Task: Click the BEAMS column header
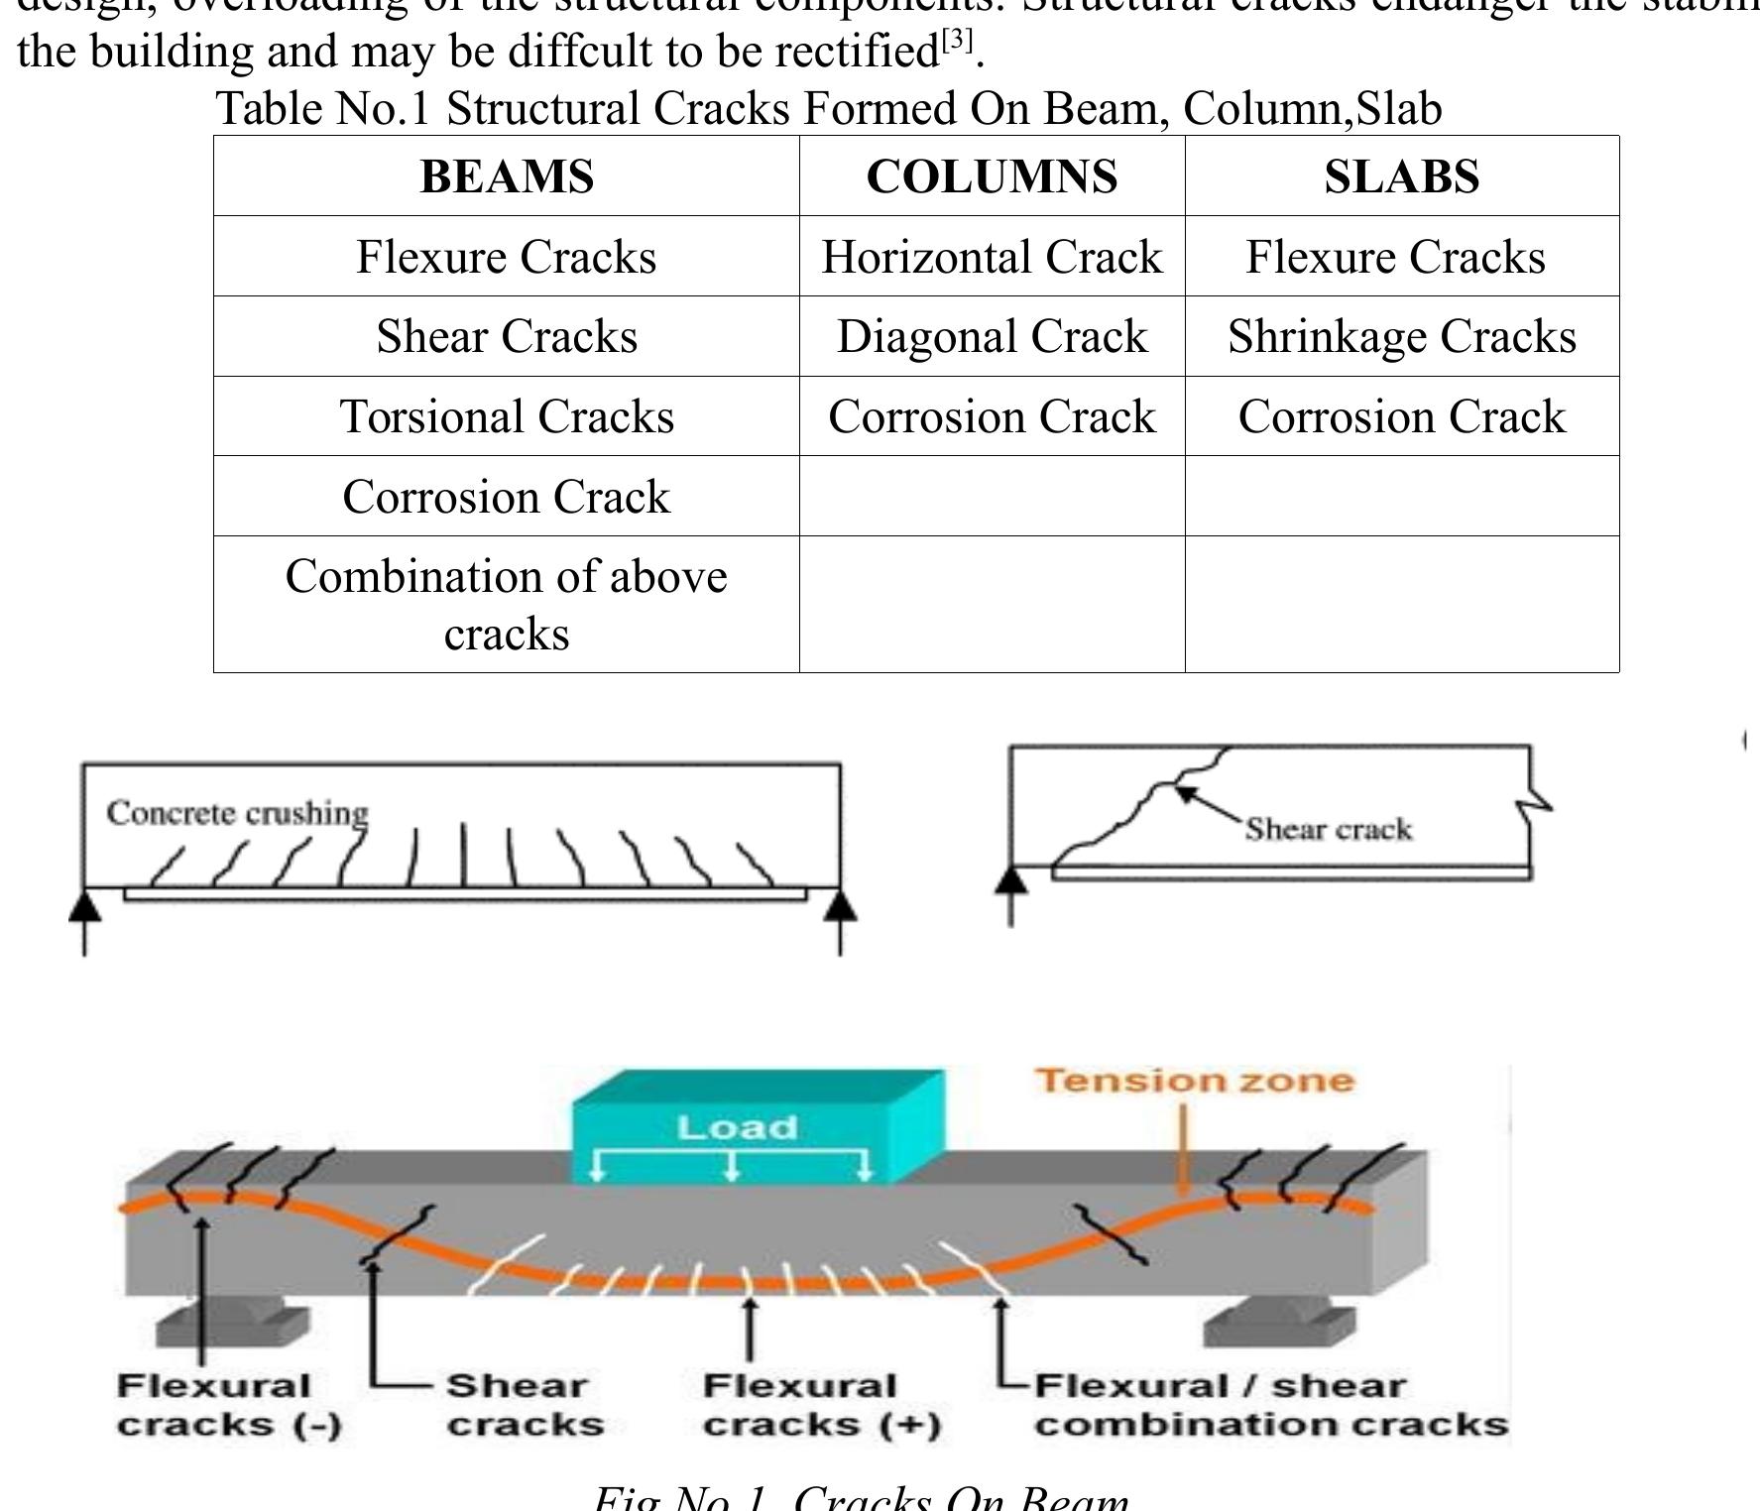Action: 507,176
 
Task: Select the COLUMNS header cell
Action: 992,176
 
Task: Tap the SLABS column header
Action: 1401,176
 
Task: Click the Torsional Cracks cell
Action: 507,416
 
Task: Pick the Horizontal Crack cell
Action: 992,257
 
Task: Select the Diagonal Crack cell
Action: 992,336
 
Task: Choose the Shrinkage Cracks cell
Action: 1401,336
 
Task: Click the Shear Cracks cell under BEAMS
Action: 507,336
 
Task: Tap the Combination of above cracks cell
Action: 507,604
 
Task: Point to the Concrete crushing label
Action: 237,813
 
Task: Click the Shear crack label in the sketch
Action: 1328,829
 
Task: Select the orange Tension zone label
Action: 1194,1080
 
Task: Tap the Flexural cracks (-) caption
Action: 227,1405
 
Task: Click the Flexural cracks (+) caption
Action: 820,1405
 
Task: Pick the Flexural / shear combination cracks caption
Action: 1269,1405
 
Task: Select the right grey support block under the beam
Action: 1279,1325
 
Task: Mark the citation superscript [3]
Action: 957,40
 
